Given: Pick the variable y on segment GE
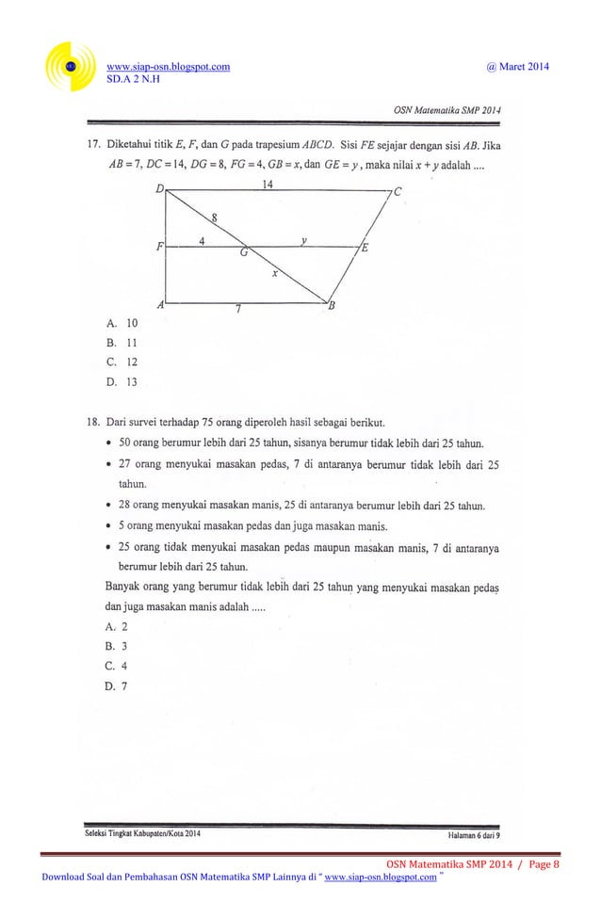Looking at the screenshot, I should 304,240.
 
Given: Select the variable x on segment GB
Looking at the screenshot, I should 275,273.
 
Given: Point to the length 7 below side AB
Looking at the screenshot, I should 240,313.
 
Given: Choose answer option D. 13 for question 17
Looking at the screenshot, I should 122,382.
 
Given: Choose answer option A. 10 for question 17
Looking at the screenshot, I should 122,323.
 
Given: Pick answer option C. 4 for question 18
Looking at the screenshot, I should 118,666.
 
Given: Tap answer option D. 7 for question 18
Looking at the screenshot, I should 118,685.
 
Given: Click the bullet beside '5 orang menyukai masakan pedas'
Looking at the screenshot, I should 111,524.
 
